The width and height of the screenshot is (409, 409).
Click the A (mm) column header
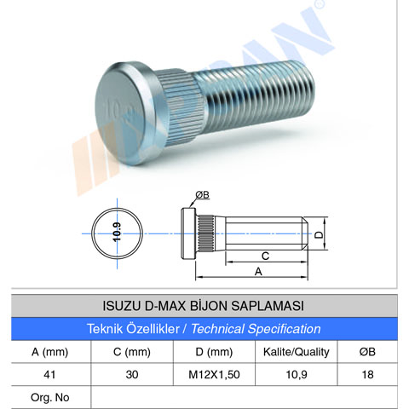[49, 352]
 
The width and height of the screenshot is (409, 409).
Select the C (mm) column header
[132, 352]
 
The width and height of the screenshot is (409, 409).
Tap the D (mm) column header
[214, 352]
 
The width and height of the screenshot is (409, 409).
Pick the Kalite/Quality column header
[297, 352]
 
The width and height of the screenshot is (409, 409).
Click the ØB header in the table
[367, 352]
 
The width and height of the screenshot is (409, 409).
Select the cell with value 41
[49, 375]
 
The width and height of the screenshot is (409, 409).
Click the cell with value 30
[132, 375]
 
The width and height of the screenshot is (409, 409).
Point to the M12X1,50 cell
[214, 375]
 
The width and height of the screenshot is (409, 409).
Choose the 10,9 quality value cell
[297, 375]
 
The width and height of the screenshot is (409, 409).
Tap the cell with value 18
[367, 375]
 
